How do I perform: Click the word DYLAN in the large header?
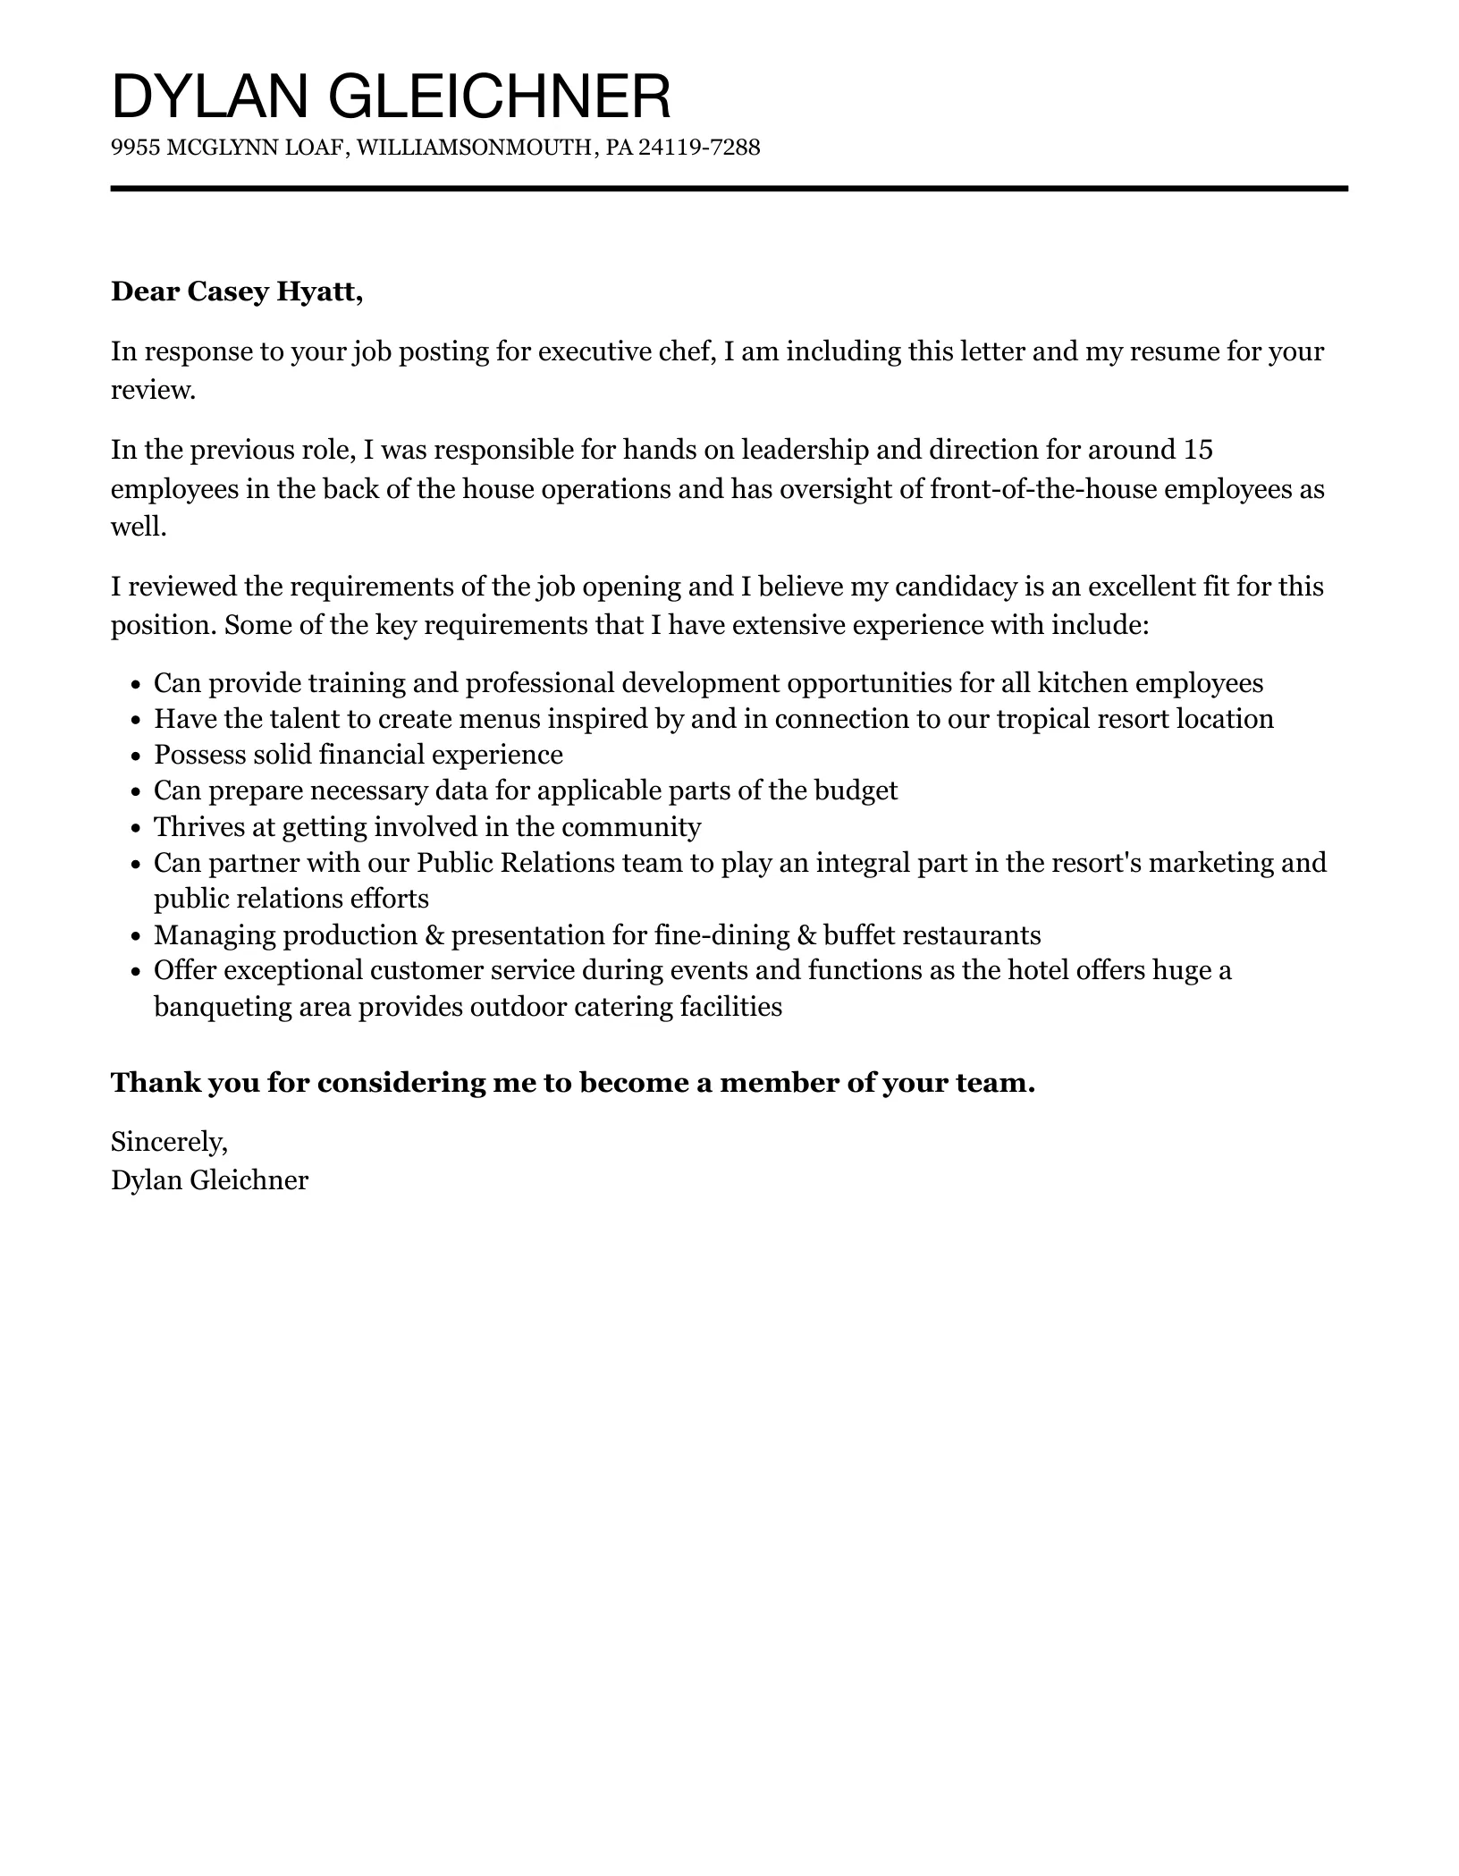click(211, 97)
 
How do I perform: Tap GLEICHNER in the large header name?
click(500, 97)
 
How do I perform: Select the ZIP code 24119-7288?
click(700, 148)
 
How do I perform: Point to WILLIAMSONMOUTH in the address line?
click(474, 148)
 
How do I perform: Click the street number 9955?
click(135, 148)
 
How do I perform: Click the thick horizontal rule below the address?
click(729, 189)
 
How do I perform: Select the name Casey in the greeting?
click(229, 292)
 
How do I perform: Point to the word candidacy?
click(956, 587)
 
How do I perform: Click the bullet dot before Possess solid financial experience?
click(136, 756)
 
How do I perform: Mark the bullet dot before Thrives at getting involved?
click(136, 828)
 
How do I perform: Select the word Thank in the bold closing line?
click(148, 1083)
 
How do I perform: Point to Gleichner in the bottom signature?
click(249, 1180)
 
